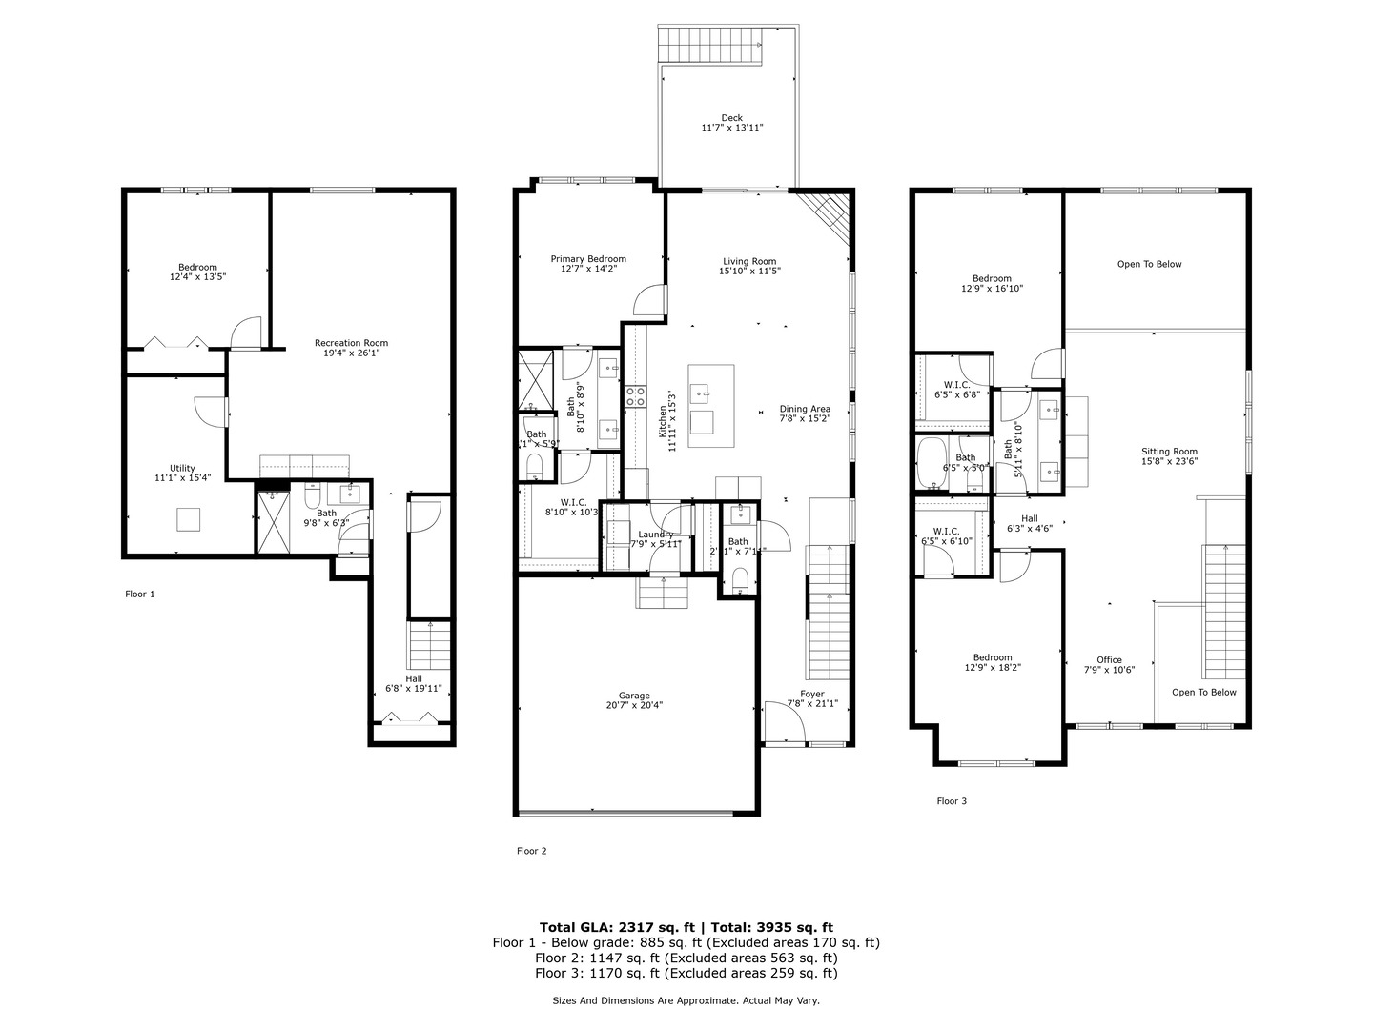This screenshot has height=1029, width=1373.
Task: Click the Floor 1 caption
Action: [139, 594]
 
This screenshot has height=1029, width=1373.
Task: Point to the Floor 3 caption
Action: [951, 801]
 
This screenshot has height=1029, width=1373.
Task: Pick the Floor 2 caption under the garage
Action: [531, 851]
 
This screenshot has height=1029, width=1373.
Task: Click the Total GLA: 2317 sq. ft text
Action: [618, 927]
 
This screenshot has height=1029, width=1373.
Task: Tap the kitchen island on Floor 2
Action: [711, 406]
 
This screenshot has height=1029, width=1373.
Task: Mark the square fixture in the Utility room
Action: [188, 519]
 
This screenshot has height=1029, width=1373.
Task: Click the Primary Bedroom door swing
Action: [647, 300]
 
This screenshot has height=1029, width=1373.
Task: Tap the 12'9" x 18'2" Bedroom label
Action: [993, 662]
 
